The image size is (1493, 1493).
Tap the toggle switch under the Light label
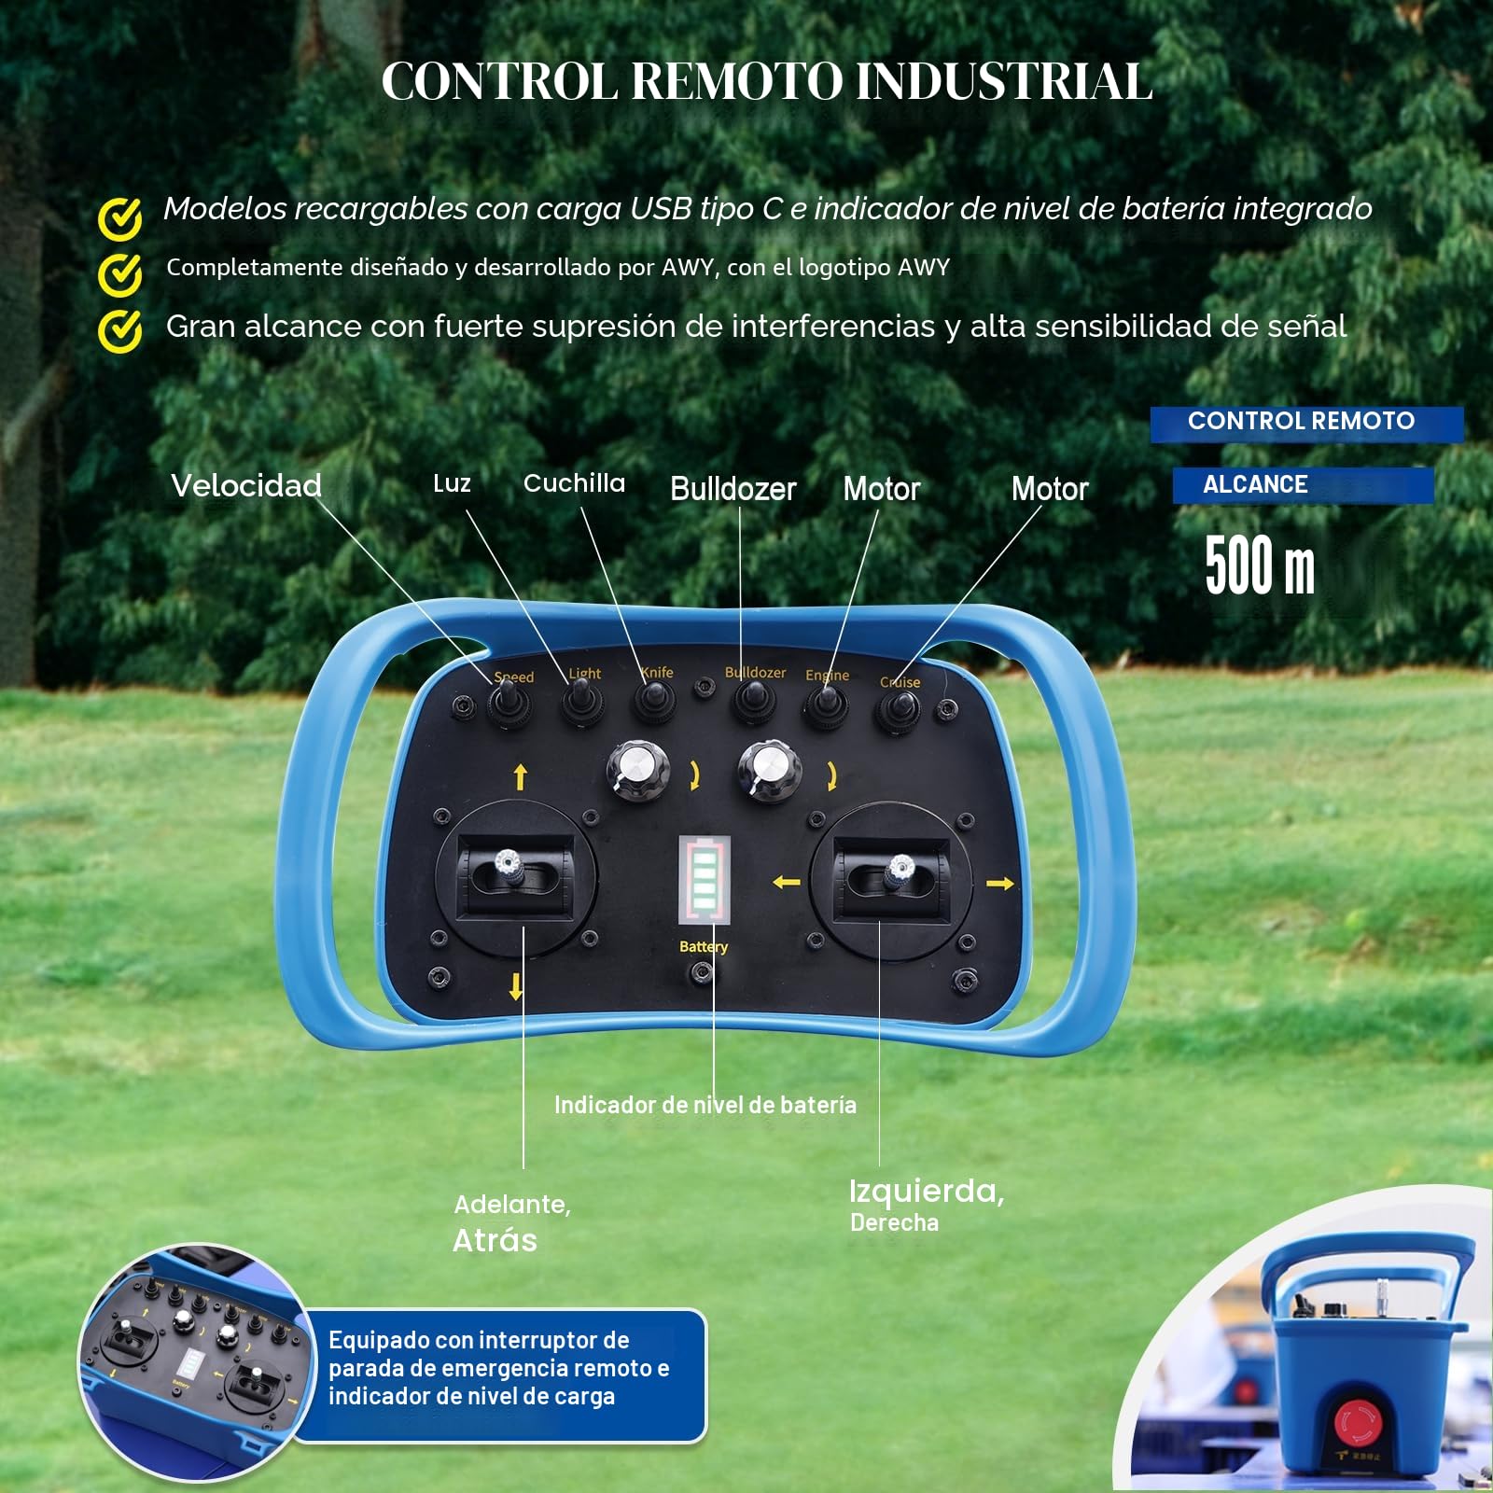coord(580,702)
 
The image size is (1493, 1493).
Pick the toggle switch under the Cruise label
coord(898,710)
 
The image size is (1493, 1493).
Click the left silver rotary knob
coord(638,770)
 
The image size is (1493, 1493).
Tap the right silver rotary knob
coord(770,771)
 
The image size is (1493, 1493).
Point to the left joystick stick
coord(507,867)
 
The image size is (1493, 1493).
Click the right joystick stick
coord(900,872)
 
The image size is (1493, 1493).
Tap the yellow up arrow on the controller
coord(521,776)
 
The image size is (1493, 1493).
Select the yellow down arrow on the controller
coord(516,986)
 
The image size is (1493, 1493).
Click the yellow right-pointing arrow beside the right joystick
coord(999,883)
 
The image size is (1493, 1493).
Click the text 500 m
coord(1260,565)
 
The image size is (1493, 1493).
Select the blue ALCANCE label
coord(1303,485)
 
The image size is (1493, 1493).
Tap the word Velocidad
coord(246,485)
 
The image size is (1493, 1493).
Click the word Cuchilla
coord(574,483)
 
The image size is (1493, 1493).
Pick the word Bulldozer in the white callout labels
coord(733,489)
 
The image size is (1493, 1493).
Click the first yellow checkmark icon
coord(120,218)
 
